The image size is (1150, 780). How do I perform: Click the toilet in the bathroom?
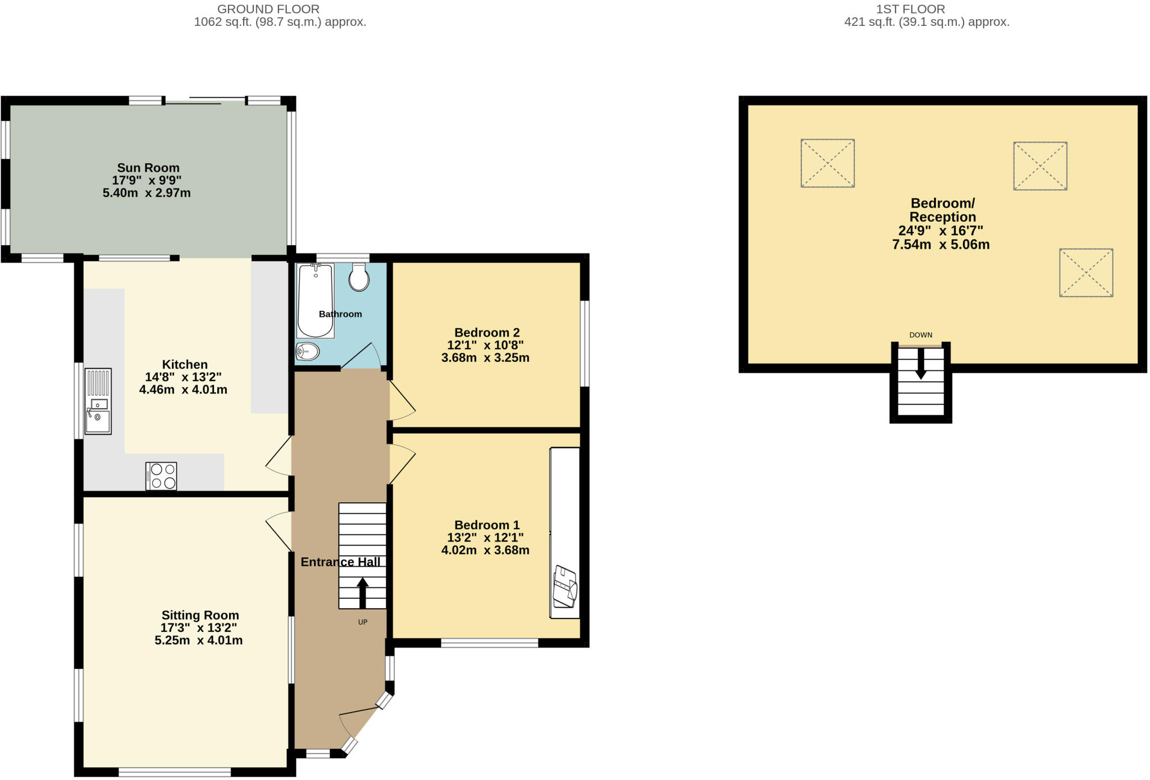359,277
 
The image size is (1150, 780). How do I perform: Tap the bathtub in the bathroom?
316,301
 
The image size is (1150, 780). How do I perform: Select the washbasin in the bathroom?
308,352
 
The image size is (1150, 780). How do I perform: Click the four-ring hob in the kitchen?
161,476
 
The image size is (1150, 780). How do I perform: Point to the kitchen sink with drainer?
98,401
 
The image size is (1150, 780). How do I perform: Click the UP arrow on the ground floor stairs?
363,593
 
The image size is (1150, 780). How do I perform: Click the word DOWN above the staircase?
921,335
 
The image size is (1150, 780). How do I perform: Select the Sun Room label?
148,168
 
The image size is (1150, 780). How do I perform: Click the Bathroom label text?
340,314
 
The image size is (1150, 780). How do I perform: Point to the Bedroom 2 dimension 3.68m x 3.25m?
485,358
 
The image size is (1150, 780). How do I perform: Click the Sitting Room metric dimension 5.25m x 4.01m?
199,640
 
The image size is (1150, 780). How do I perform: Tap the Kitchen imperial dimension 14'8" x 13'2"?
184,377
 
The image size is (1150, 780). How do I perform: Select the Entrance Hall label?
340,562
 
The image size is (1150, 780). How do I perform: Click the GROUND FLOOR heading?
268,9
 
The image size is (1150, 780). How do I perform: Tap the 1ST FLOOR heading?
911,9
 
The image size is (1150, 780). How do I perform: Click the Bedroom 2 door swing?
402,401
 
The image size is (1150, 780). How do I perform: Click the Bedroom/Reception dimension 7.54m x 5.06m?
941,245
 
